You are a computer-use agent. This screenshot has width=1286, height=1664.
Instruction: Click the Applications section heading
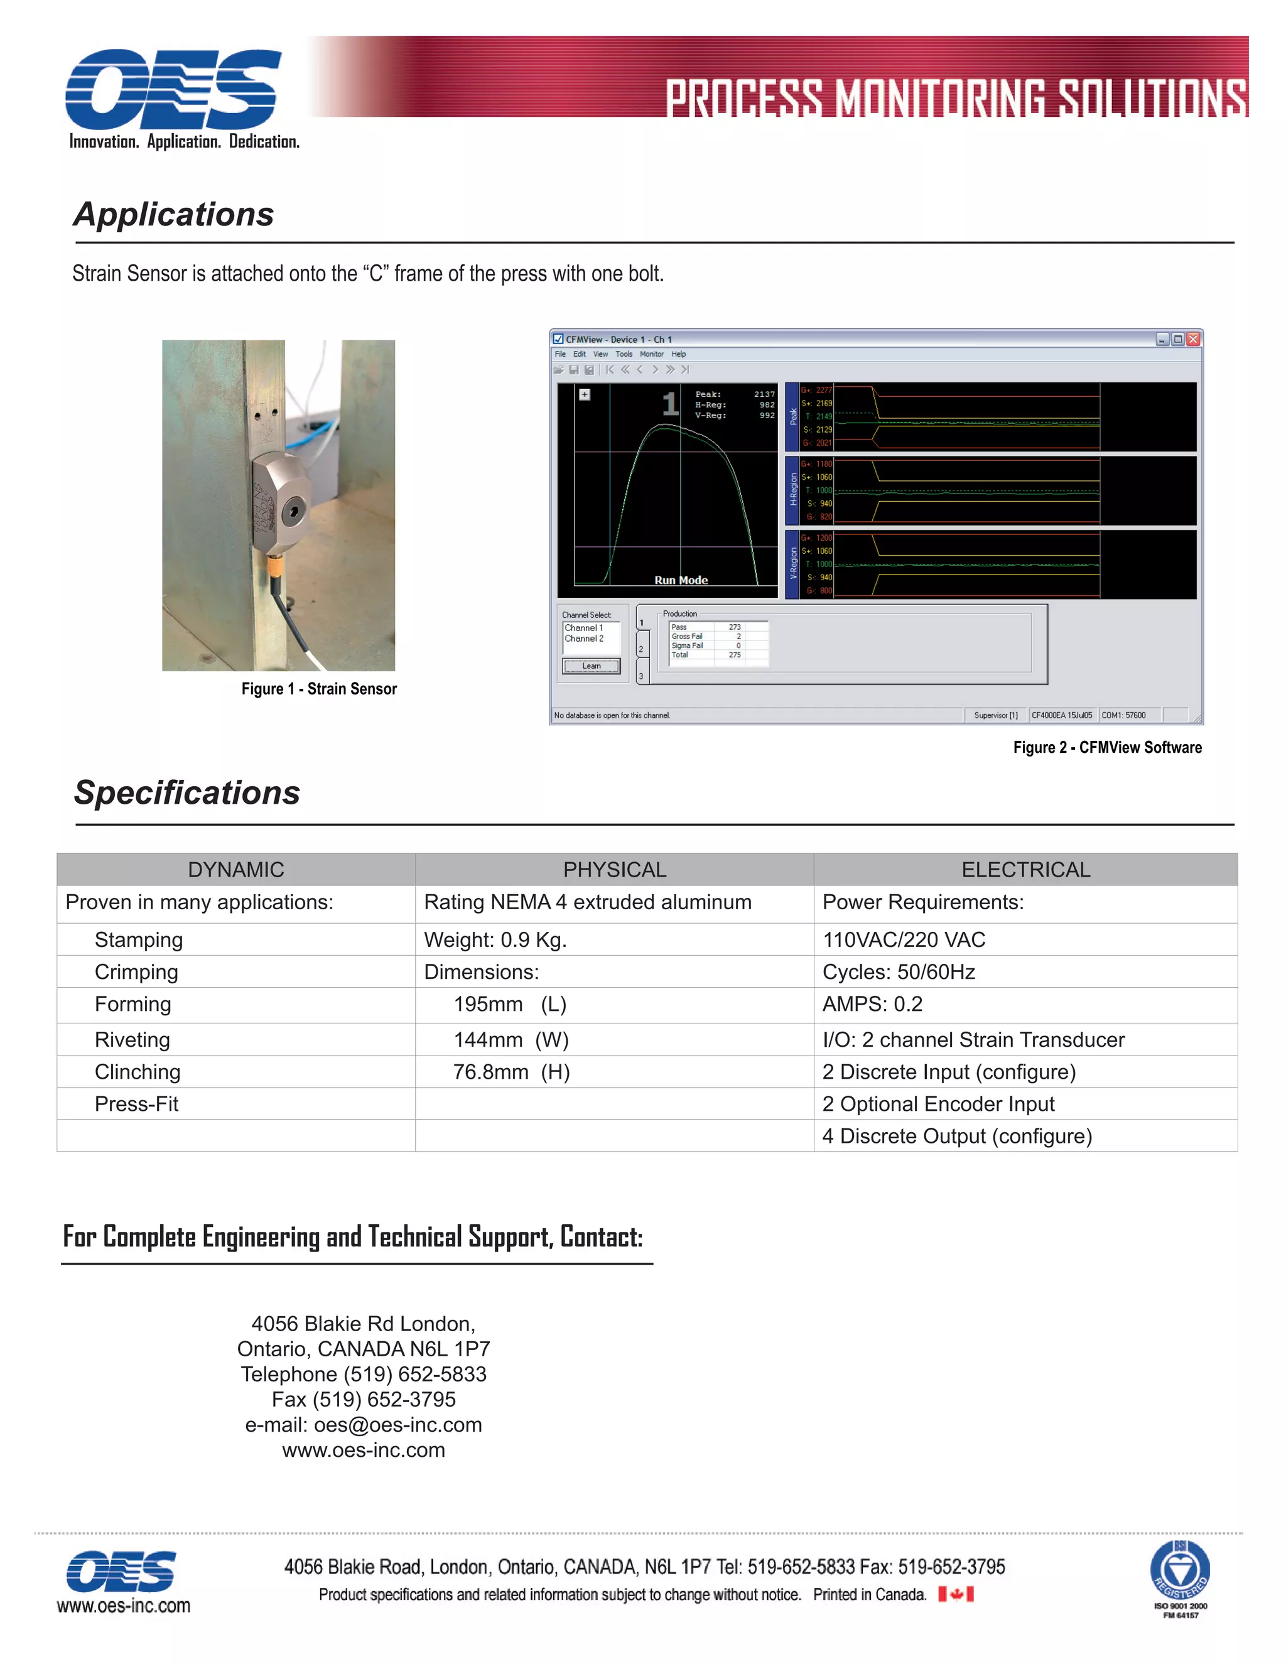(x=174, y=215)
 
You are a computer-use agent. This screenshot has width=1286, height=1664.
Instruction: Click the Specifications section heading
(x=186, y=793)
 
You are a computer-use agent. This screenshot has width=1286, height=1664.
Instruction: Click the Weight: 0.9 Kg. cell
(x=495, y=939)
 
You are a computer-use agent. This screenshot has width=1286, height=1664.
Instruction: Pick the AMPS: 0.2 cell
(x=872, y=1004)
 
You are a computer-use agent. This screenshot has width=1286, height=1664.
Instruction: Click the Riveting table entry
(x=132, y=1040)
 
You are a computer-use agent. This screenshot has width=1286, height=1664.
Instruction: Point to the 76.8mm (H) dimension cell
(x=511, y=1072)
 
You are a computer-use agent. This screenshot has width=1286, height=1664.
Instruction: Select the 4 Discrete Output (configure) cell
(x=957, y=1136)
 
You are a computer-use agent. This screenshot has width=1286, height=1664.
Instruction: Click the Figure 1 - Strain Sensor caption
(x=319, y=689)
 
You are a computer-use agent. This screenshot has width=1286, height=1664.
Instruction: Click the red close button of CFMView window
(x=1194, y=339)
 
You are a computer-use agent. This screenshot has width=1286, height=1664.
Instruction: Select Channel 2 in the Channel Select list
(x=585, y=639)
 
